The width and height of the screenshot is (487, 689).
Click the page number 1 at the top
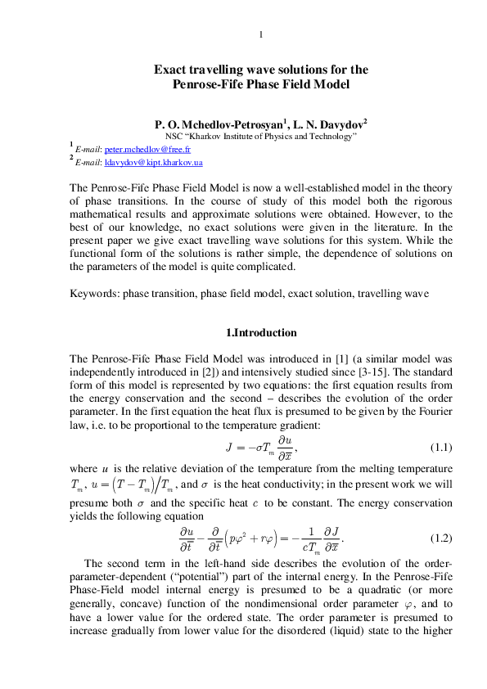point(260,34)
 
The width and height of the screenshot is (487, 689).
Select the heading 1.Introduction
point(260,333)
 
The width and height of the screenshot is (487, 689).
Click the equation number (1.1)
point(441,448)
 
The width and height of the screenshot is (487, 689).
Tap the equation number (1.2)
point(441,538)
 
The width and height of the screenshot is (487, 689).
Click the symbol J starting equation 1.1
point(230,448)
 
